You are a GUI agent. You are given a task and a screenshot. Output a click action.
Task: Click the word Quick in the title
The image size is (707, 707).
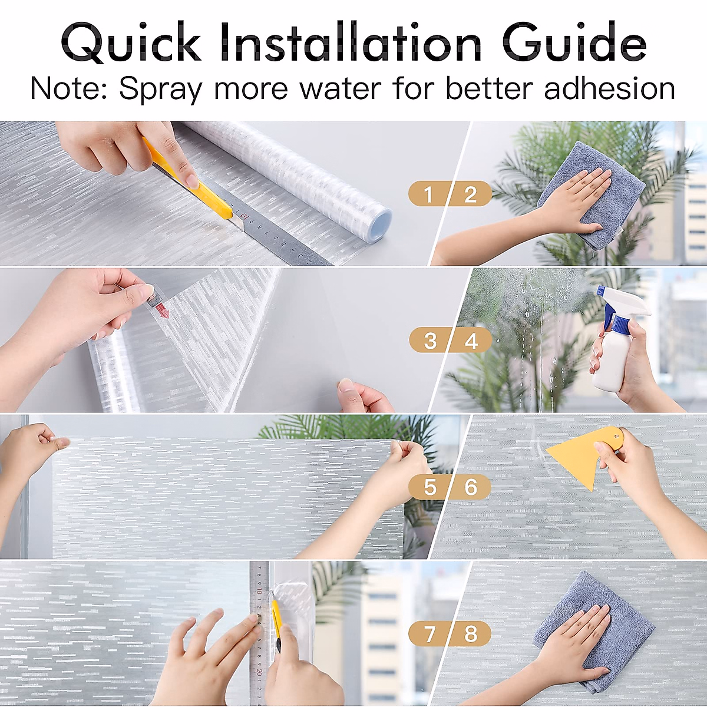tap(131, 42)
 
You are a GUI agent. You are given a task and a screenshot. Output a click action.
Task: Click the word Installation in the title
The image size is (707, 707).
tap(351, 42)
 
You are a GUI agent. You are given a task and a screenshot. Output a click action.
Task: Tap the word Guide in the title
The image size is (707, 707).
tap(574, 42)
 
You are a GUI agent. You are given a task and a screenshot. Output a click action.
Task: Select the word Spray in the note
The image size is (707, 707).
tap(160, 90)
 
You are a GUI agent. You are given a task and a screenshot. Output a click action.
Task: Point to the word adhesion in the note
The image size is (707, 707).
tap(609, 88)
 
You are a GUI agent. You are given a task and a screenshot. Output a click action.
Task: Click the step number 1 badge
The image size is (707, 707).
tap(428, 194)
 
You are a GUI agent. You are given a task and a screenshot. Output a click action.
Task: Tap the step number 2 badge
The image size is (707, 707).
tap(471, 194)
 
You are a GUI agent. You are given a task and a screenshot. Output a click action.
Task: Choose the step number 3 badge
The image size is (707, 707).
tap(430, 341)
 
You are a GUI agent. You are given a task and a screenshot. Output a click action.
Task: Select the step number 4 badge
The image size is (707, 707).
tap(471, 341)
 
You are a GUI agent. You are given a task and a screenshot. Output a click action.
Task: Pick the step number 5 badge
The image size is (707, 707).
tap(430, 487)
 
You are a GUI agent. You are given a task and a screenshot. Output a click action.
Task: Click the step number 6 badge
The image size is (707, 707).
tap(471, 487)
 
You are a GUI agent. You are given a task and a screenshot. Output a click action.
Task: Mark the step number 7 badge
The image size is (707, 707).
tap(430, 634)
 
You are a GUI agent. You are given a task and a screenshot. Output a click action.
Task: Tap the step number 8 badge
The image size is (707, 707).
tap(471, 634)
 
